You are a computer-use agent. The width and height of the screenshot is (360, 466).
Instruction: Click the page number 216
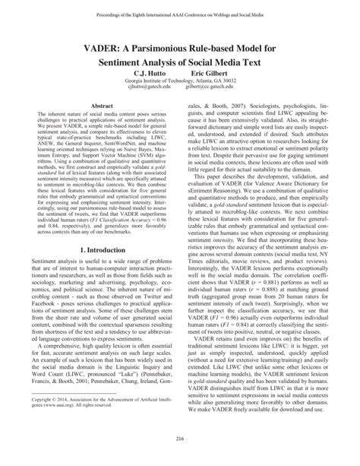click(x=180, y=448)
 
